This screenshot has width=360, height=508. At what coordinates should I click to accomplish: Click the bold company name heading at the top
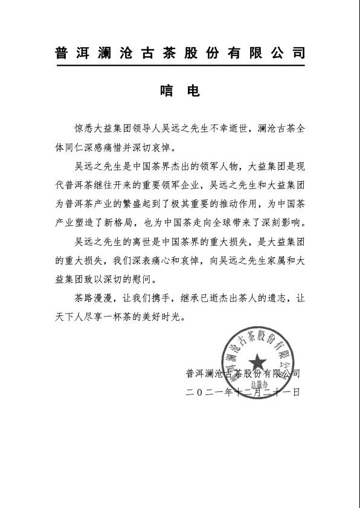click(179, 52)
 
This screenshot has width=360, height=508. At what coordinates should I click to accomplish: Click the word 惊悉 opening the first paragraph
click(82, 129)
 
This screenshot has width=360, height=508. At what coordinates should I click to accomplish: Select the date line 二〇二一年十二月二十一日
click(243, 393)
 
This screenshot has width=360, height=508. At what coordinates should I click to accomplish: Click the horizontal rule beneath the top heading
click(179, 65)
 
